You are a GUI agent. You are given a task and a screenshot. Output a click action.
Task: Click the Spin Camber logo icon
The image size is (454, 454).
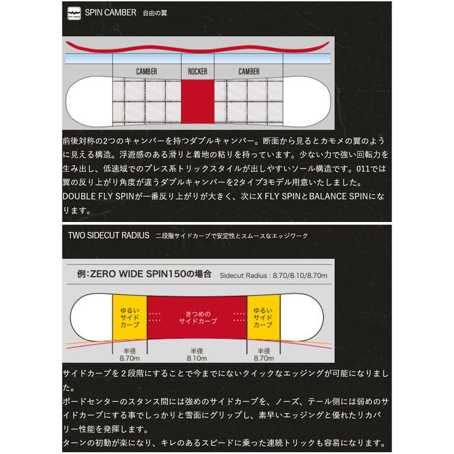click(x=74, y=13)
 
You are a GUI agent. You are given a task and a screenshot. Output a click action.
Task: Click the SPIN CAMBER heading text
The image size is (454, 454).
click(x=110, y=13)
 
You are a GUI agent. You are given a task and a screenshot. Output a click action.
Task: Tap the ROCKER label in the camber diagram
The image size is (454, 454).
click(x=197, y=71)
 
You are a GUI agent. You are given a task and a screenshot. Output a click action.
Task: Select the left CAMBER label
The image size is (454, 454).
click(x=146, y=71)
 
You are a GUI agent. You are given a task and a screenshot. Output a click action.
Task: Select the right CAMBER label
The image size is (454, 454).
click(x=248, y=71)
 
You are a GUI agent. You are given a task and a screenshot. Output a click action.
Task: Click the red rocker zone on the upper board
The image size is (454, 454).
click(x=197, y=102)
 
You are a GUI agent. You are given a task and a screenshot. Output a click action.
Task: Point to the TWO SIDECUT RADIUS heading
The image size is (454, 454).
click(x=108, y=235)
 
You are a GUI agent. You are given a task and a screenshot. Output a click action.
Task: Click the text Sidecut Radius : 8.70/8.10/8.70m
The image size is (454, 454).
click(x=273, y=276)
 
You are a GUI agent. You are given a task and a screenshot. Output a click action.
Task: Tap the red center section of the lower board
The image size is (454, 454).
click(x=197, y=317)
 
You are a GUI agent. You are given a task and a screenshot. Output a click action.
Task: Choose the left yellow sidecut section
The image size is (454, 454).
click(x=130, y=317)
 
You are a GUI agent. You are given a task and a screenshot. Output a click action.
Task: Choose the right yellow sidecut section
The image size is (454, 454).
click(x=264, y=317)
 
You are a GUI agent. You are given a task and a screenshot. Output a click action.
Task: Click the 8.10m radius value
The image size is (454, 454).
click(x=197, y=358)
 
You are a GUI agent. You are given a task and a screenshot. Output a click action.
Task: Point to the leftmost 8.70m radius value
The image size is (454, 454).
click(x=129, y=358)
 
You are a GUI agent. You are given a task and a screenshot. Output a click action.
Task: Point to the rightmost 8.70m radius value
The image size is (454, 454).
click(x=264, y=358)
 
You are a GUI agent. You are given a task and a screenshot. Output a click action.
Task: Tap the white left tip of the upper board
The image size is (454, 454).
click(x=89, y=102)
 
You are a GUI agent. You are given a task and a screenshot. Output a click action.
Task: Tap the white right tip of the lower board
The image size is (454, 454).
click(x=301, y=317)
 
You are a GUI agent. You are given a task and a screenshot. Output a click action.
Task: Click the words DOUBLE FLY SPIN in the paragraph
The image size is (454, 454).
click(x=98, y=196)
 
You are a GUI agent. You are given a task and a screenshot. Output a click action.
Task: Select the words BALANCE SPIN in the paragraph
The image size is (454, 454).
click(x=339, y=196)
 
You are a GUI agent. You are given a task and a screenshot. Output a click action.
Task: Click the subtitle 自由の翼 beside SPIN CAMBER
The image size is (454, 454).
click(x=155, y=13)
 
